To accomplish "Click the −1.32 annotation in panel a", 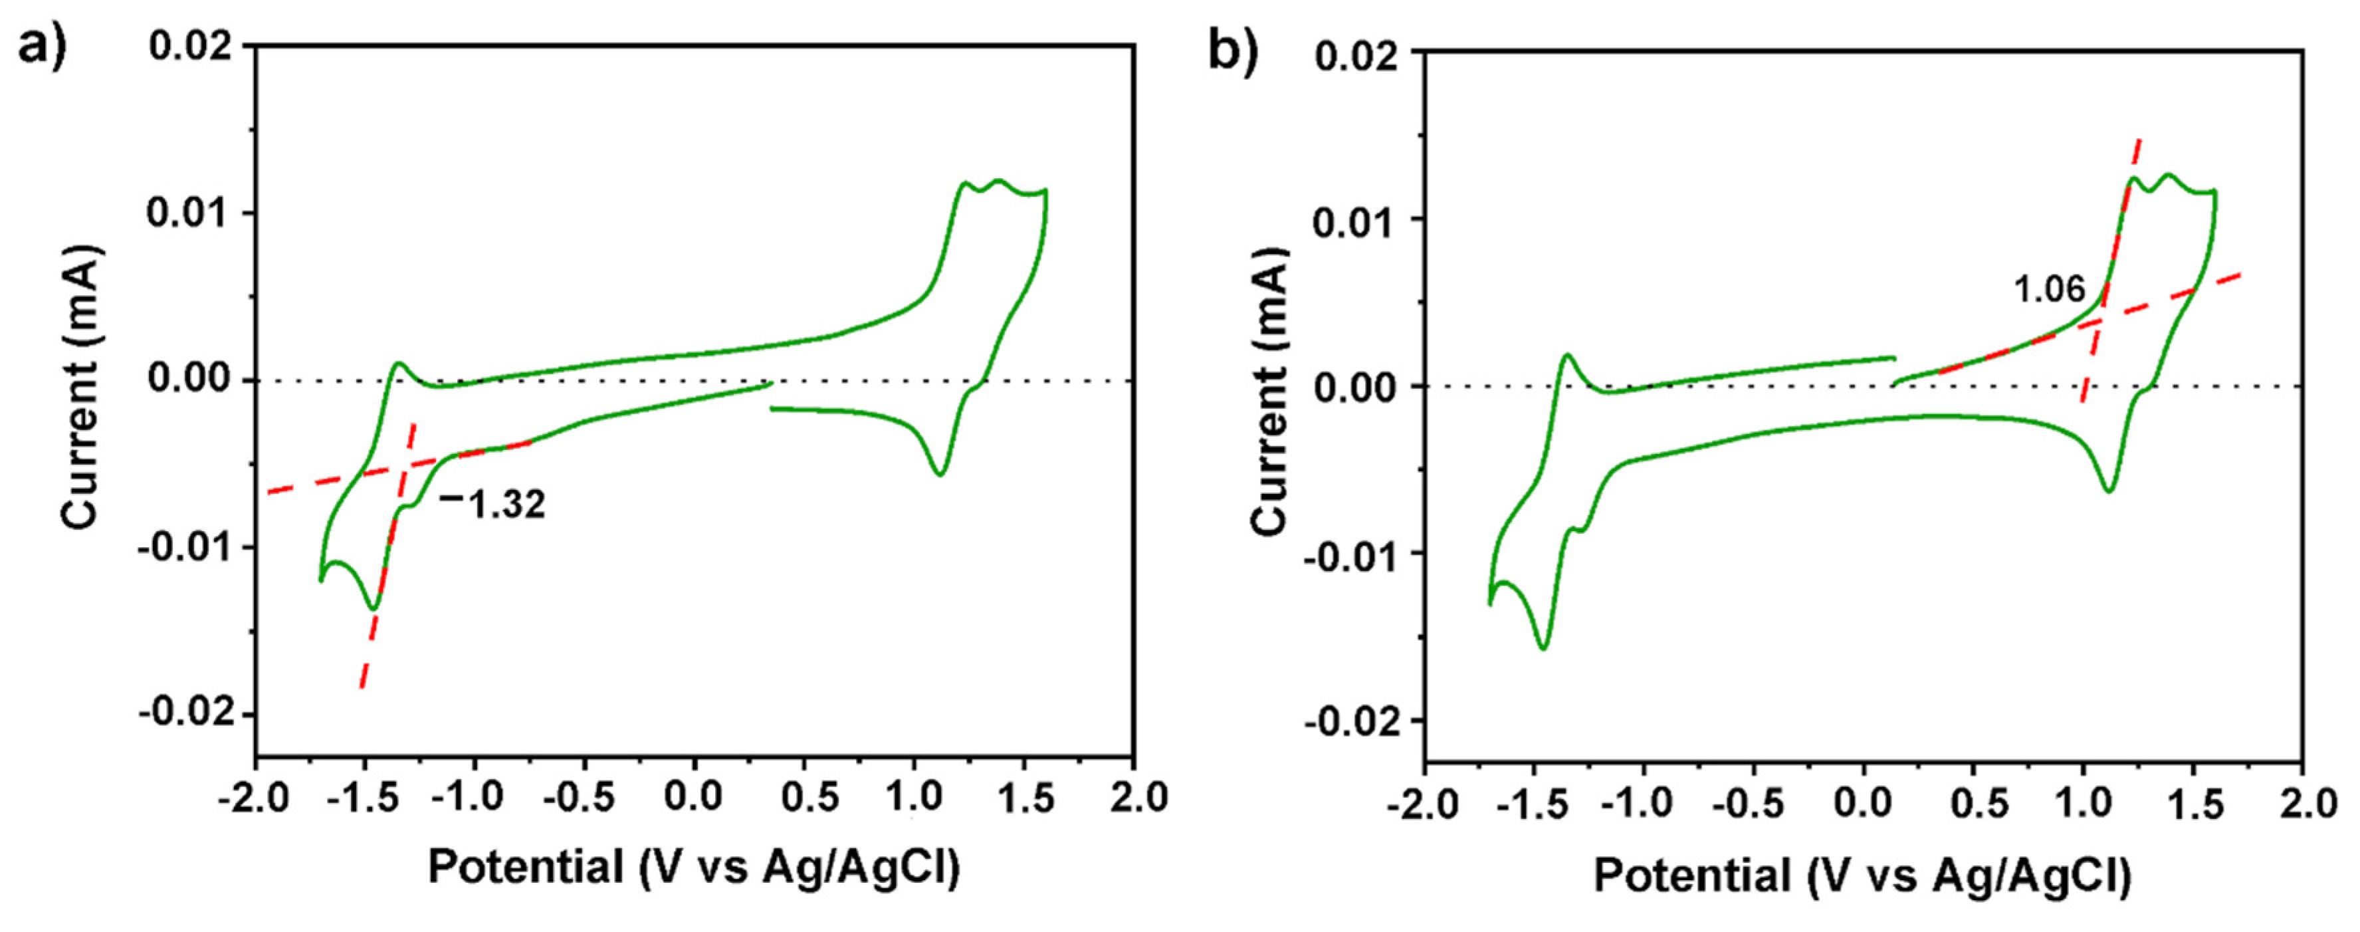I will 493,503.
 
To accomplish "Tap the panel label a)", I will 42,46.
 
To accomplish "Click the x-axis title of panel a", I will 694,867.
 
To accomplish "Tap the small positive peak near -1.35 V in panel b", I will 1566,355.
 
